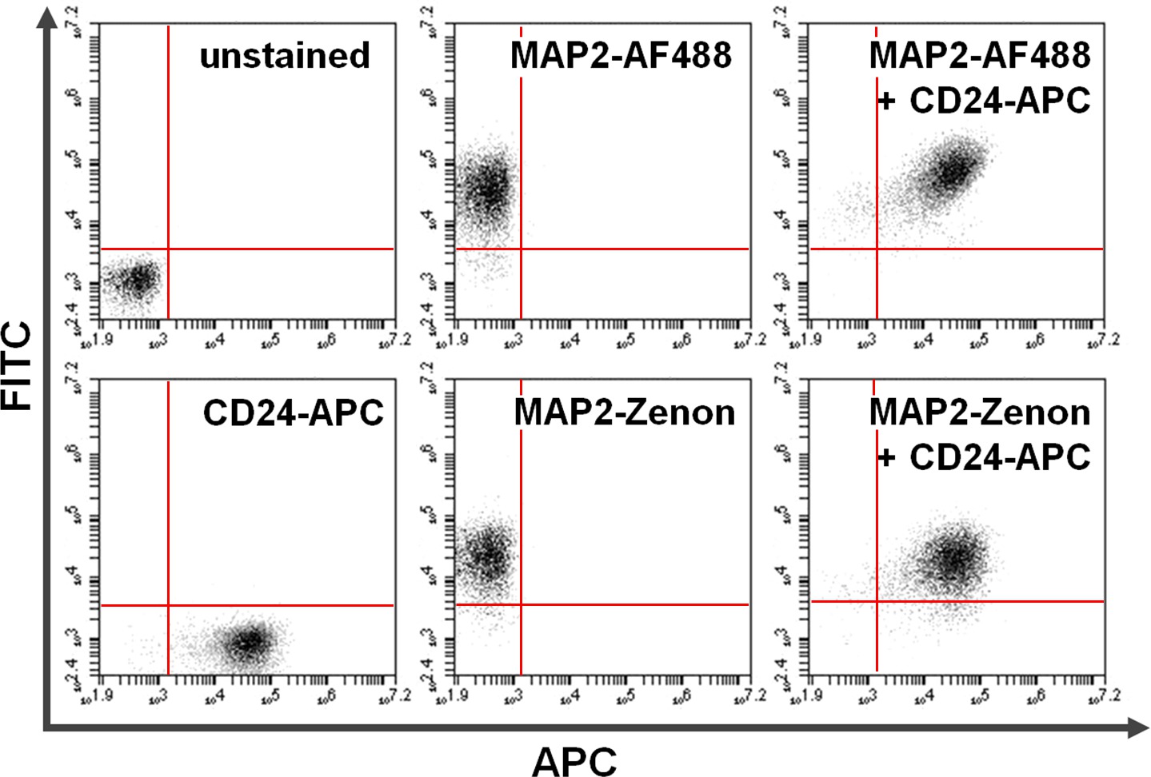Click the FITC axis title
click(18, 365)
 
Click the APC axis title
click(574, 760)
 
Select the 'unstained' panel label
click(285, 56)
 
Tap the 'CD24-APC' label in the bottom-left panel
click(293, 412)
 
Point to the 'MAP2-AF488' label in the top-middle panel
click(621, 56)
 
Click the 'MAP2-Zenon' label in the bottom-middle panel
click(624, 412)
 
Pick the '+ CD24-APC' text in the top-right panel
click(984, 101)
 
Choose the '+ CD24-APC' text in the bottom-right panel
click(984, 457)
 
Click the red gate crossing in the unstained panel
click(169, 249)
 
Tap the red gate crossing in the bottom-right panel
click(877, 601)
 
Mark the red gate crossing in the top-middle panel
click(521, 249)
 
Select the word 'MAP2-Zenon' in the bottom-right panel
click(979, 412)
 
